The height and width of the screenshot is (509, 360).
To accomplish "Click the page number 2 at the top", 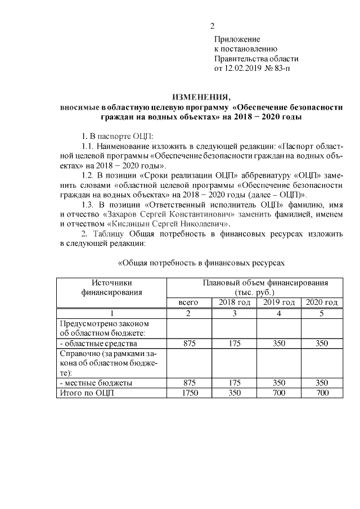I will click(212, 26).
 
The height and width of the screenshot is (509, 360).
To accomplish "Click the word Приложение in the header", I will click(237, 39).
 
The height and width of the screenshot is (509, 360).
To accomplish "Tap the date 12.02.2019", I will click(245, 69).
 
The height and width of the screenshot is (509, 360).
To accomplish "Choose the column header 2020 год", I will click(322, 303).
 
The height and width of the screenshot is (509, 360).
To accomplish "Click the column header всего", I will click(188, 303).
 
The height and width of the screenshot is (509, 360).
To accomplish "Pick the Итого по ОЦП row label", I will click(87, 393).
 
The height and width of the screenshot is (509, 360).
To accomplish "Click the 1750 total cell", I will click(188, 393).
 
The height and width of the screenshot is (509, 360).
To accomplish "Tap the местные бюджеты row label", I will click(96, 383).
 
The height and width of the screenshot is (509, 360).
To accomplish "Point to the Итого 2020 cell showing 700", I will click(322, 393).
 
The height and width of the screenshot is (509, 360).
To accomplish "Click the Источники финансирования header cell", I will click(111, 287).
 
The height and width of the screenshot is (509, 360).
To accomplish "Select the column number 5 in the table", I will click(322, 313).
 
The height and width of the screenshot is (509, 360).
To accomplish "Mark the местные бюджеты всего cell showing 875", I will click(188, 383).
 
